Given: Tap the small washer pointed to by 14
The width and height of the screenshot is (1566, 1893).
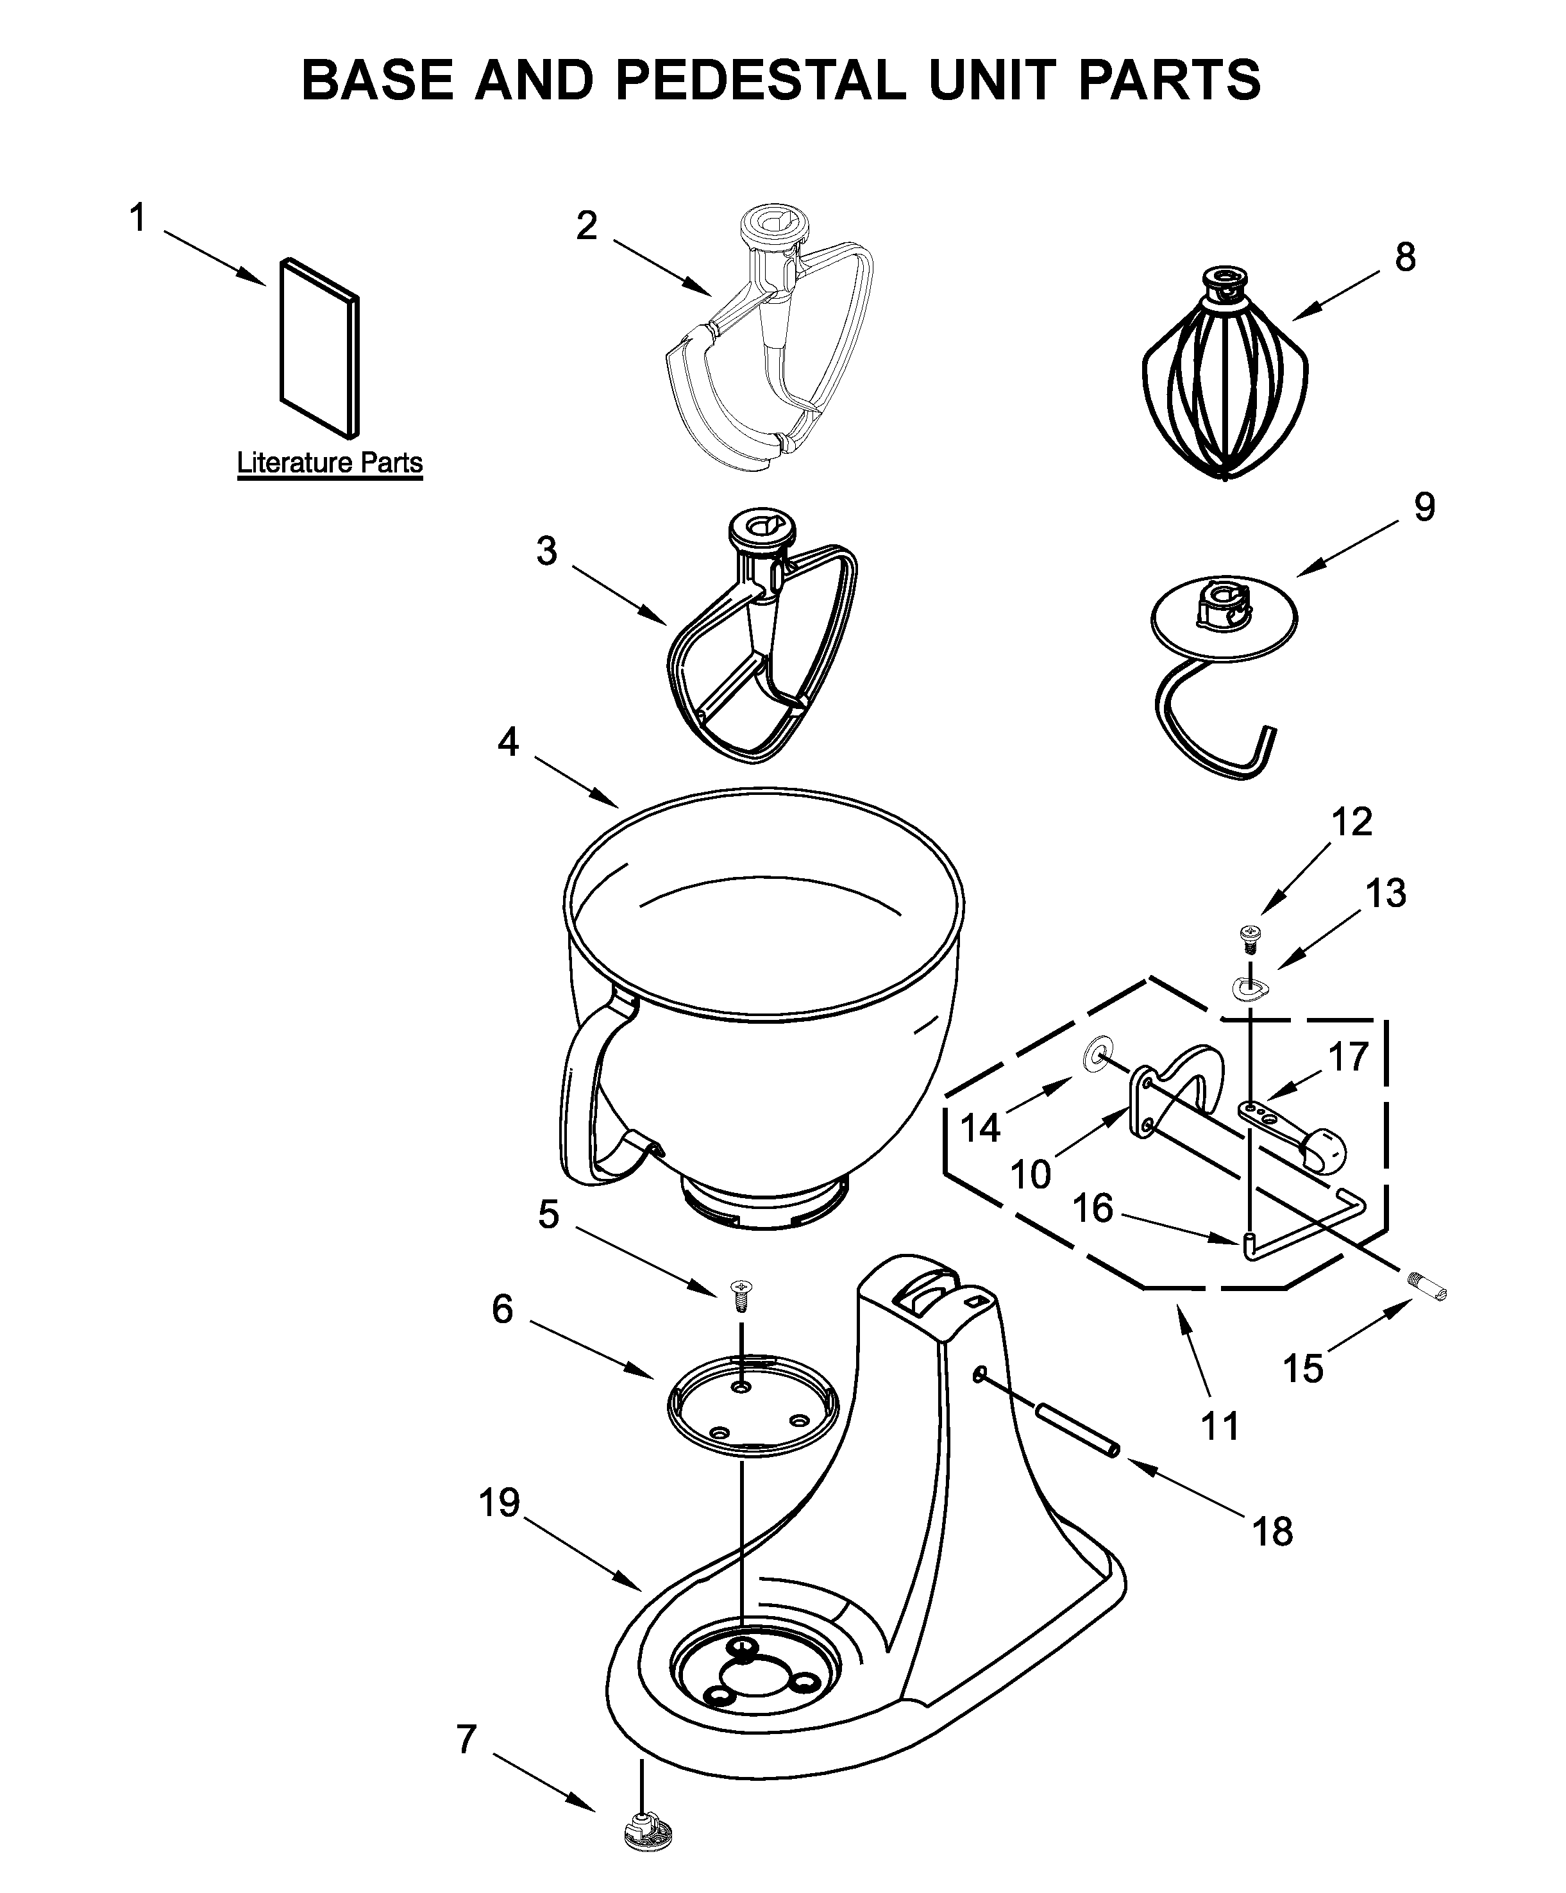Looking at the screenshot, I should tap(1095, 1052).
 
